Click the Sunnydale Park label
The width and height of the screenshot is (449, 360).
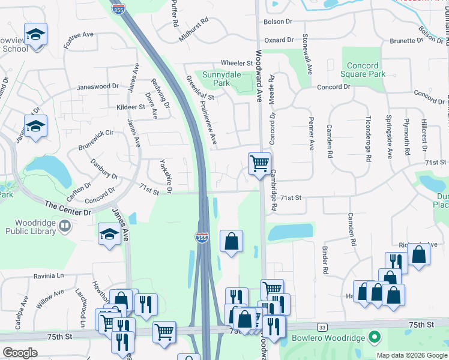(216, 79)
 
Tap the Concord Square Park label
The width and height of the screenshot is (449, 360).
(363, 70)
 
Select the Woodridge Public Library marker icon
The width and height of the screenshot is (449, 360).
(66, 226)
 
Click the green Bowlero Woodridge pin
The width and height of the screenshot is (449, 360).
(375, 337)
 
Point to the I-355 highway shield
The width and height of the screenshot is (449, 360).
(202, 238)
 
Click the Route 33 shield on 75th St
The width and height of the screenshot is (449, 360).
(323, 327)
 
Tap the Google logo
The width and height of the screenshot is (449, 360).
(20, 352)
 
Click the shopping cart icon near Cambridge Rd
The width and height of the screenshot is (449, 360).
(259, 163)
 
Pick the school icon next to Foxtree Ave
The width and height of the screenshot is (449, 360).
(35, 34)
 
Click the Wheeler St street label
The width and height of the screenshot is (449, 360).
(237, 63)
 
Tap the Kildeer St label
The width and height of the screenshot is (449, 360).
(130, 107)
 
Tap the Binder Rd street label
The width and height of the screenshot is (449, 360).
(325, 259)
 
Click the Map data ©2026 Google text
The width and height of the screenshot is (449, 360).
(411, 355)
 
